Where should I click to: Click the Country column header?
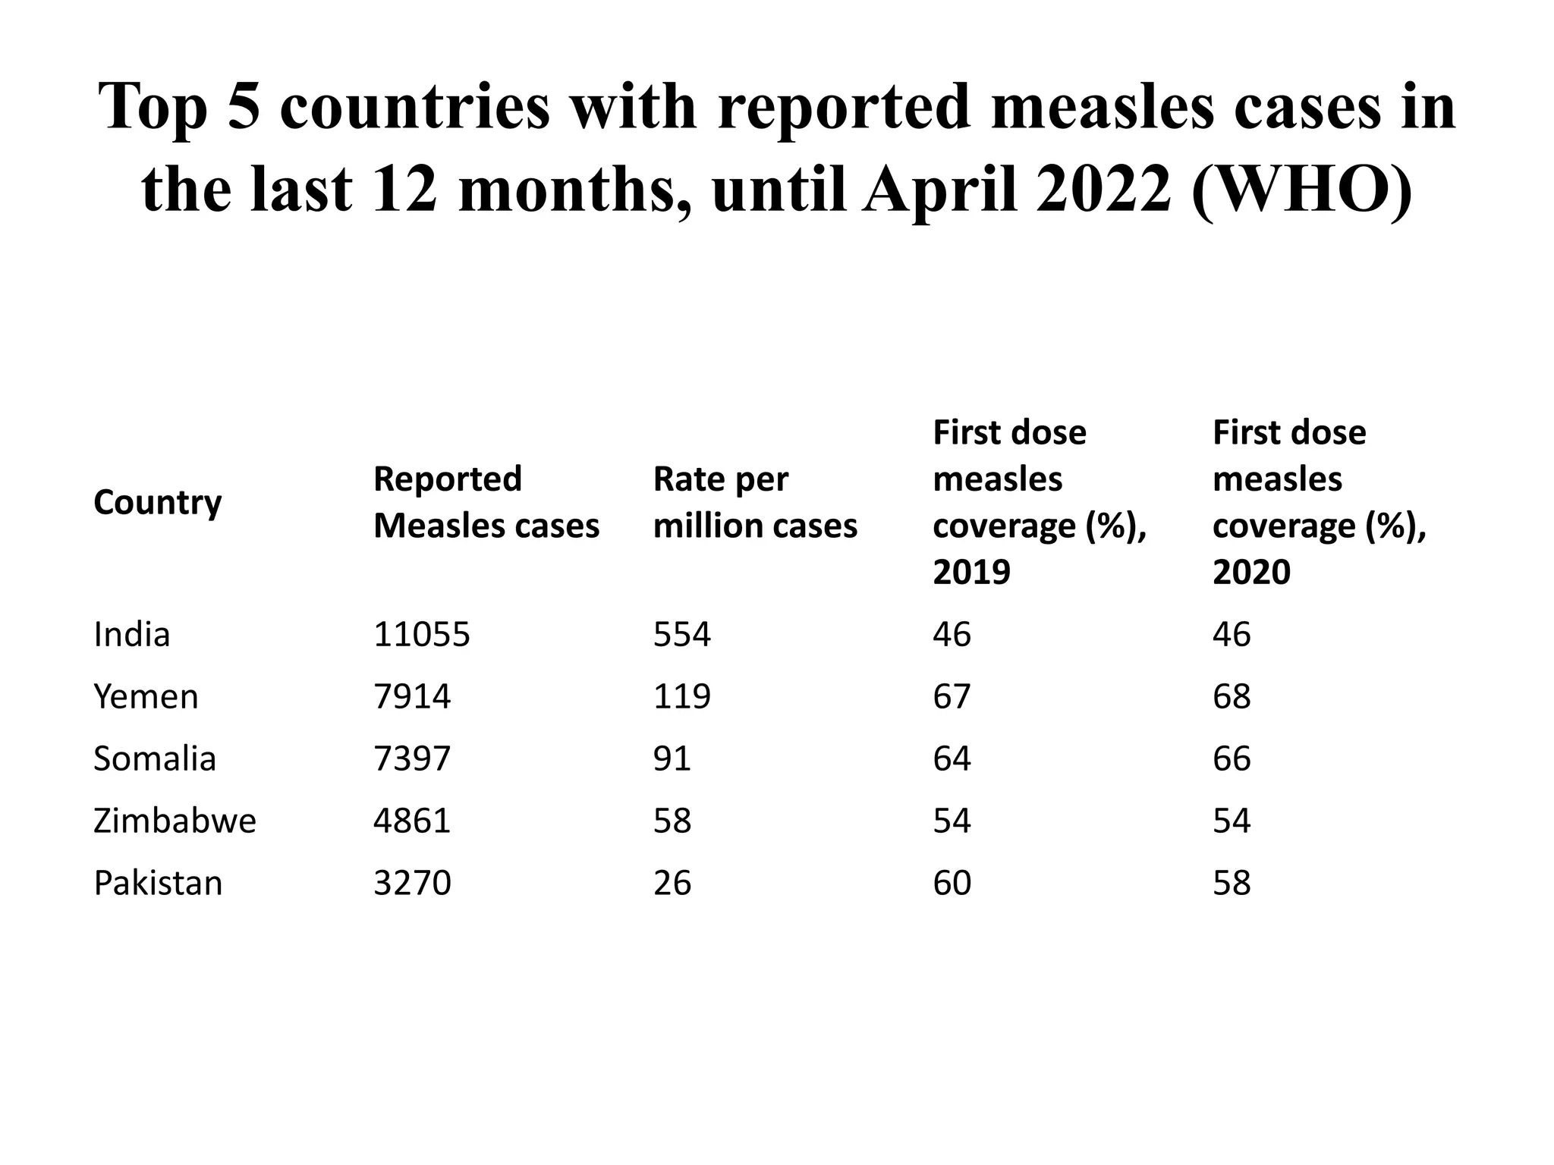(x=157, y=503)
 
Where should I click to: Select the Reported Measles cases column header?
(x=486, y=502)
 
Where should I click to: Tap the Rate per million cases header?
(x=754, y=502)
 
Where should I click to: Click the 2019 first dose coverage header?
(x=1039, y=502)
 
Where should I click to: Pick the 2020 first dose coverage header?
(x=1319, y=502)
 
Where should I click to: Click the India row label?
(x=131, y=634)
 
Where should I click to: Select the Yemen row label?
(x=146, y=696)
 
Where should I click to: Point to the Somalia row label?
(x=155, y=758)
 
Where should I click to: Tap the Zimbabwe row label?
(x=175, y=821)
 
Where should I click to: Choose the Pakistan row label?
(x=158, y=883)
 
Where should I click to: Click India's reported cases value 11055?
(x=421, y=634)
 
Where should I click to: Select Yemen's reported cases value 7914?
(x=412, y=696)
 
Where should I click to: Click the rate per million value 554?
(x=681, y=634)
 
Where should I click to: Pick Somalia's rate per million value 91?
(x=672, y=758)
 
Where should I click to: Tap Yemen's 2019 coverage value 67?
(x=952, y=696)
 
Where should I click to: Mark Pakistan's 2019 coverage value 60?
(x=952, y=883)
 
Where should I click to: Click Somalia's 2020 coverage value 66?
(x=1231, y=758)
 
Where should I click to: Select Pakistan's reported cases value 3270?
(x=412, y=883)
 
